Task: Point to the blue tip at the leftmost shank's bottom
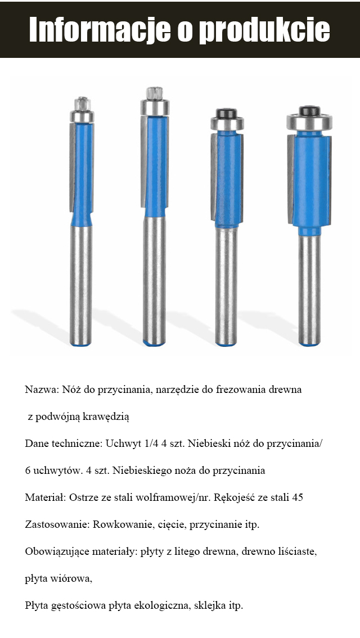81,343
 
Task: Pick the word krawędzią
107,417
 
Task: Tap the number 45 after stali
298,497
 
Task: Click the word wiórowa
72,578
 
